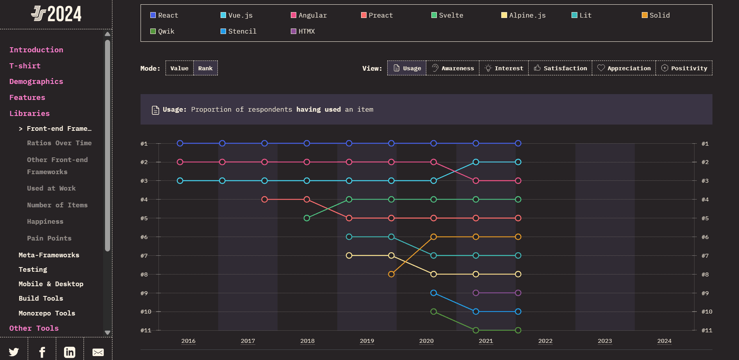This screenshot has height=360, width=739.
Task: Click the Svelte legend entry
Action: click(x=447, y=15)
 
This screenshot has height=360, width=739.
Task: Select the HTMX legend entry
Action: click(x=303, y=31)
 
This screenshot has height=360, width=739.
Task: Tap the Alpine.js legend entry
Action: click(x=524, y=15)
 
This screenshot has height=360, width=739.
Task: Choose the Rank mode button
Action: click(x=205, y=68)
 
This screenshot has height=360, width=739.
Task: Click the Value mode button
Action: click(x=179, y=68)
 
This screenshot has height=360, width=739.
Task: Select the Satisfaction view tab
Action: click(x=560, y=68)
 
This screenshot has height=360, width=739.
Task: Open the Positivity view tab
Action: click(x=684, y=68)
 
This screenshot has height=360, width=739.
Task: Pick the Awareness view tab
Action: click(x=452, y=68)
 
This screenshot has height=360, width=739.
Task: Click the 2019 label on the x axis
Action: click(x=367, y=341)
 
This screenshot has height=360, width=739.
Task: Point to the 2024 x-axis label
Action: click(x=664, y=341)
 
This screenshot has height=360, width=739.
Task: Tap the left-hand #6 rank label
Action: click(x=144, y=237)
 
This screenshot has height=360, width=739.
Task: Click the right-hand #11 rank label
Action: click(x=707, y=330)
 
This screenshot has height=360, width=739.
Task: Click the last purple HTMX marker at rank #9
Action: click(x=518, y=293)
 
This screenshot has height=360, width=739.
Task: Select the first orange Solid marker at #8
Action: click(x=391, y=274)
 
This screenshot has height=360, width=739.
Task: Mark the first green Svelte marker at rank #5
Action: click(x=307, y=218)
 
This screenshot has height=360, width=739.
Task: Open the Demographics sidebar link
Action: click(x=36, y=82)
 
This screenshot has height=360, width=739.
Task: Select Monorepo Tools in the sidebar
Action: click(x=47, y=313)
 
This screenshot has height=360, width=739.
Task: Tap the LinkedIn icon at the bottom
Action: click(x=69, y=352)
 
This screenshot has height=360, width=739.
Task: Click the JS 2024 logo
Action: click(x=56, y=14)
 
